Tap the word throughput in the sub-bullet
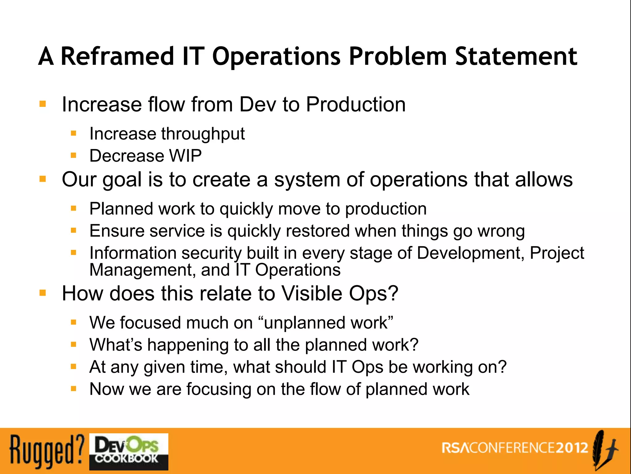(x=203, y=134)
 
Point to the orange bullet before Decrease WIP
(x=73, y=155)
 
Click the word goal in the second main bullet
(x=122, y=180)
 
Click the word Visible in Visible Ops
(x=312, y=293)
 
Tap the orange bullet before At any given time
(x=73, y=367)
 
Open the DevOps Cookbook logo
(x=129, y=451)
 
